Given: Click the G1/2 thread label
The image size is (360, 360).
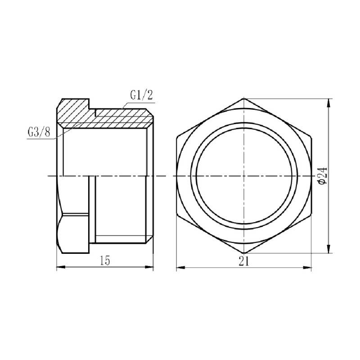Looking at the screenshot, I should pyautogui.click(x=140, y=95).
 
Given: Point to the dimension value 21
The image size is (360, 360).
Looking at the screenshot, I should pyautogui.click(x=244, y=261).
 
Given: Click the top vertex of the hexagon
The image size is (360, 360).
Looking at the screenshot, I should pyautogui.click(x=243, y=98).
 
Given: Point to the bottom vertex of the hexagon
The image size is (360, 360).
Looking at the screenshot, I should pyautogui.click(x=243, y=253).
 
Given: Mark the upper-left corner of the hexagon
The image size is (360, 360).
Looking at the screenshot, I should pyautogui.click(x=176, y=136).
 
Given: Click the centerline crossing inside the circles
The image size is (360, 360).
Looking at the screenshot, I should pyautogui.click(x=243, y=175).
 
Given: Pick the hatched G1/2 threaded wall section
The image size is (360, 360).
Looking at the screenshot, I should pyautogui.click(x=121, y=118).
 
